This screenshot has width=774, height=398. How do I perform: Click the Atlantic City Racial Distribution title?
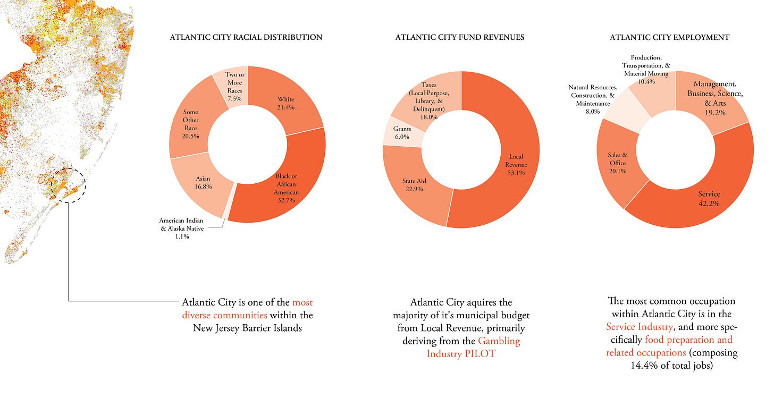246,37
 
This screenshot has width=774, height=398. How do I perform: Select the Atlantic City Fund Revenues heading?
460,37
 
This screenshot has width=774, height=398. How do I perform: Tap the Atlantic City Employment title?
669,37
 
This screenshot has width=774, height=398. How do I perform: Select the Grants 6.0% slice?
403,133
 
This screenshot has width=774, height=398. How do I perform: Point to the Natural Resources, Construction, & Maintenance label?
593,99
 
